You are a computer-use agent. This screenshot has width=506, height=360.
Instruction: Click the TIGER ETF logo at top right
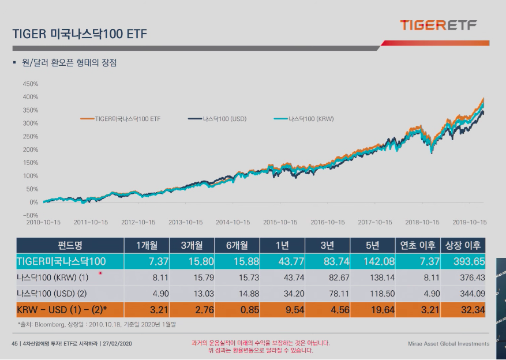438,25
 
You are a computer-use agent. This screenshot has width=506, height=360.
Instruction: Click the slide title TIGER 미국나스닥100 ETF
80,34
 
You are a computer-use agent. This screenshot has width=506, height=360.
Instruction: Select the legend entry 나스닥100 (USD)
218,119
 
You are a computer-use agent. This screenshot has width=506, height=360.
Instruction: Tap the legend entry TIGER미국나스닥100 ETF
121,119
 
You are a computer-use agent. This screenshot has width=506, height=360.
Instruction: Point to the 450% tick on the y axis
31,84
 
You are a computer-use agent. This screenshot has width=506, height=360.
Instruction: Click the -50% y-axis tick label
31,215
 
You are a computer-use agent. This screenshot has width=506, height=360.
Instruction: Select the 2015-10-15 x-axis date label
280,222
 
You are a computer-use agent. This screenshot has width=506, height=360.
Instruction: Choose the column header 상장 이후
463,245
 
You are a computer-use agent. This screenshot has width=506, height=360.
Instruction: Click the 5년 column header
373,245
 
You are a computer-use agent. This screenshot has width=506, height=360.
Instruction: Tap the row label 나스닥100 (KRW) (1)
53,277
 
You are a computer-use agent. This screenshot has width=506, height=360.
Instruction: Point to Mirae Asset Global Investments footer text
448,344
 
